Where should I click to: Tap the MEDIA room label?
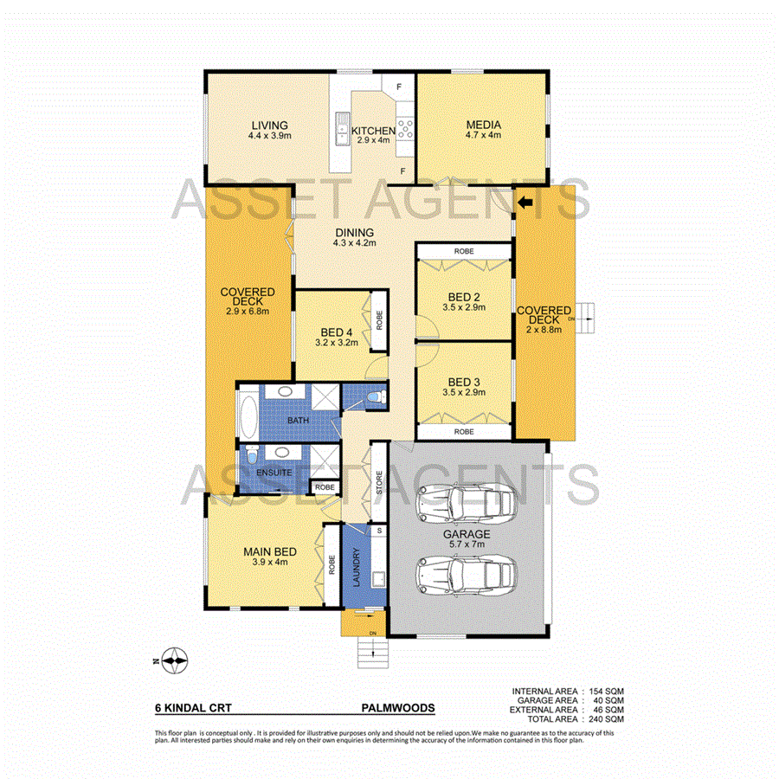[482, 125]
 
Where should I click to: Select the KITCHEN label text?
[373, 131]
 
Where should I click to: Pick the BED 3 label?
[465, 381]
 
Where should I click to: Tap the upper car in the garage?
[467, 500]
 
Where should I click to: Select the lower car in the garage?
[467, 572]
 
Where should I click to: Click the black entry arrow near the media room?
[525, 203]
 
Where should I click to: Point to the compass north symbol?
[175, 662]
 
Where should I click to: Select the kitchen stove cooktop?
[404, 130]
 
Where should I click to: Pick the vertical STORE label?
[379, 481]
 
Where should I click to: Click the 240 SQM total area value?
[605, 718]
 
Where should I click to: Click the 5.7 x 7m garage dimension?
[467, 545]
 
